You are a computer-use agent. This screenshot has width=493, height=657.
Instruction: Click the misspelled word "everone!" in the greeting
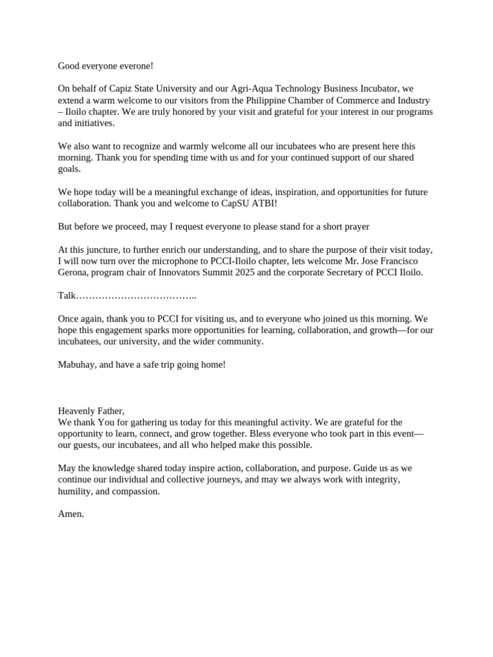136,66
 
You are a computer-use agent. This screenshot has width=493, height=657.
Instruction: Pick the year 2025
222,273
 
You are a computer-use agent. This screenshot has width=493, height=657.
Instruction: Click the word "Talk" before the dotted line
67,296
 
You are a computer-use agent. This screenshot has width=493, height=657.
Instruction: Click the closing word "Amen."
71,514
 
